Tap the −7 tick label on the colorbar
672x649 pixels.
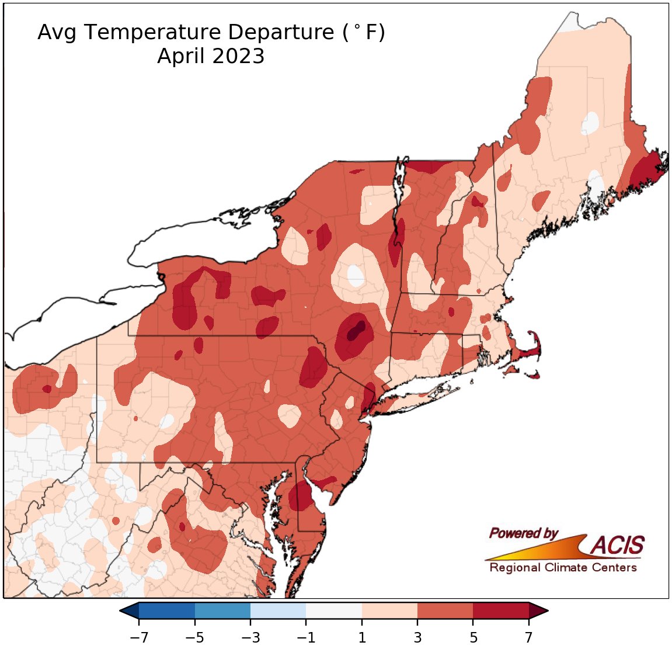pos(138,636)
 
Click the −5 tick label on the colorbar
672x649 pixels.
pos(194,636)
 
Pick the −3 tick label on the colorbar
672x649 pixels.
pos(250,636)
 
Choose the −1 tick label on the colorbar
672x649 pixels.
pos(305,636)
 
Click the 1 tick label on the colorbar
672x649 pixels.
pos(362,636)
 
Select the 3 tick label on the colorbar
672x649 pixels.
pos(417,636)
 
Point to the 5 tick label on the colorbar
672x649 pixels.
pos(473,636)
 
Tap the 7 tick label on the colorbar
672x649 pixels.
pos(529,636)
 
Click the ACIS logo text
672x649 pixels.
pos(617,546)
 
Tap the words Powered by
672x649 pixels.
pos(523,533)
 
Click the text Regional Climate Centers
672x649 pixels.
pos(563,568)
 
